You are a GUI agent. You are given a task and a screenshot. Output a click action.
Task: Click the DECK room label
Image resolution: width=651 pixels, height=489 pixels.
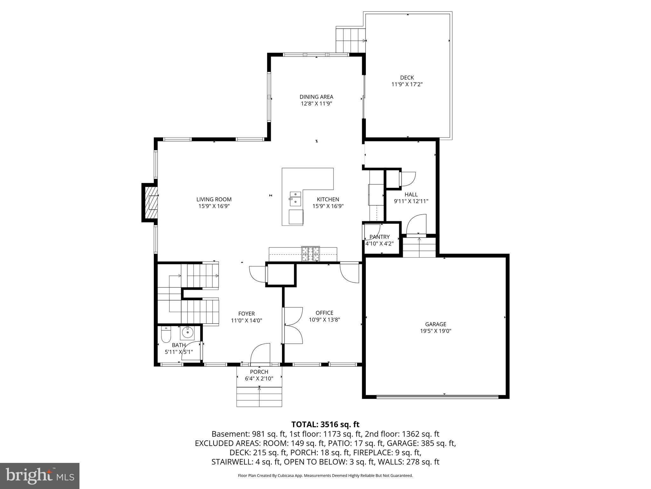point(407,78)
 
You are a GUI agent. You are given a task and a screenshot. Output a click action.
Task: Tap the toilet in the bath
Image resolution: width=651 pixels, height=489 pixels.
point(166,334)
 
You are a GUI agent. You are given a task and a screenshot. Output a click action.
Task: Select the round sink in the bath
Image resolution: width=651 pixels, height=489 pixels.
point(187,333)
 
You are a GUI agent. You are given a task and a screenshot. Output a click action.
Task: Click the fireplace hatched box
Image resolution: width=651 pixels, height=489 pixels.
point(152,202)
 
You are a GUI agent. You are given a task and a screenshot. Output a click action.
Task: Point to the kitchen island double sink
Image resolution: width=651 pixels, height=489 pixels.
point(295,198)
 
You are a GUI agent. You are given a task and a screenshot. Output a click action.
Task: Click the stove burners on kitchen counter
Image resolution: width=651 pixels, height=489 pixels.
point(311,254)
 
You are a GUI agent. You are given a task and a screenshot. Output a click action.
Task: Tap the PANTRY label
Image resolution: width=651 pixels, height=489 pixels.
point(380,237)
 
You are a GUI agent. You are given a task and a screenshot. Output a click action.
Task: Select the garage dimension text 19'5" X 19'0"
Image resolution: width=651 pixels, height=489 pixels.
point(435,331)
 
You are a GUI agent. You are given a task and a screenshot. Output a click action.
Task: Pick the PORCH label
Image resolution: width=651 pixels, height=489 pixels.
point(259,372)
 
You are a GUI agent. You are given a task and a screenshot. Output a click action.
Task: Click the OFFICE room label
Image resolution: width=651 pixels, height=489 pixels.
point(324,313)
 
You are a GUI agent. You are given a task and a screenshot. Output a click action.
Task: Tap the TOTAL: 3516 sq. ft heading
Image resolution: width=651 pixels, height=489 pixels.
point(325,424)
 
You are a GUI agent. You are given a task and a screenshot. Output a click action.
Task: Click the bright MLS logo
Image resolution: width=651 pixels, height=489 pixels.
point(40,476)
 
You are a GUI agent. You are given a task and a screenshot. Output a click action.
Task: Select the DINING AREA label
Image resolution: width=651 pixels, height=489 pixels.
point(316,97)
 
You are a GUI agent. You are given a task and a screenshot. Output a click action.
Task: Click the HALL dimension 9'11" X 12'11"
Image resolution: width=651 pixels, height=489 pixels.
point(411,201)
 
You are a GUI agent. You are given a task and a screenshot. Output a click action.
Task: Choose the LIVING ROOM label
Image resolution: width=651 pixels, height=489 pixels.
point(214,199)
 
